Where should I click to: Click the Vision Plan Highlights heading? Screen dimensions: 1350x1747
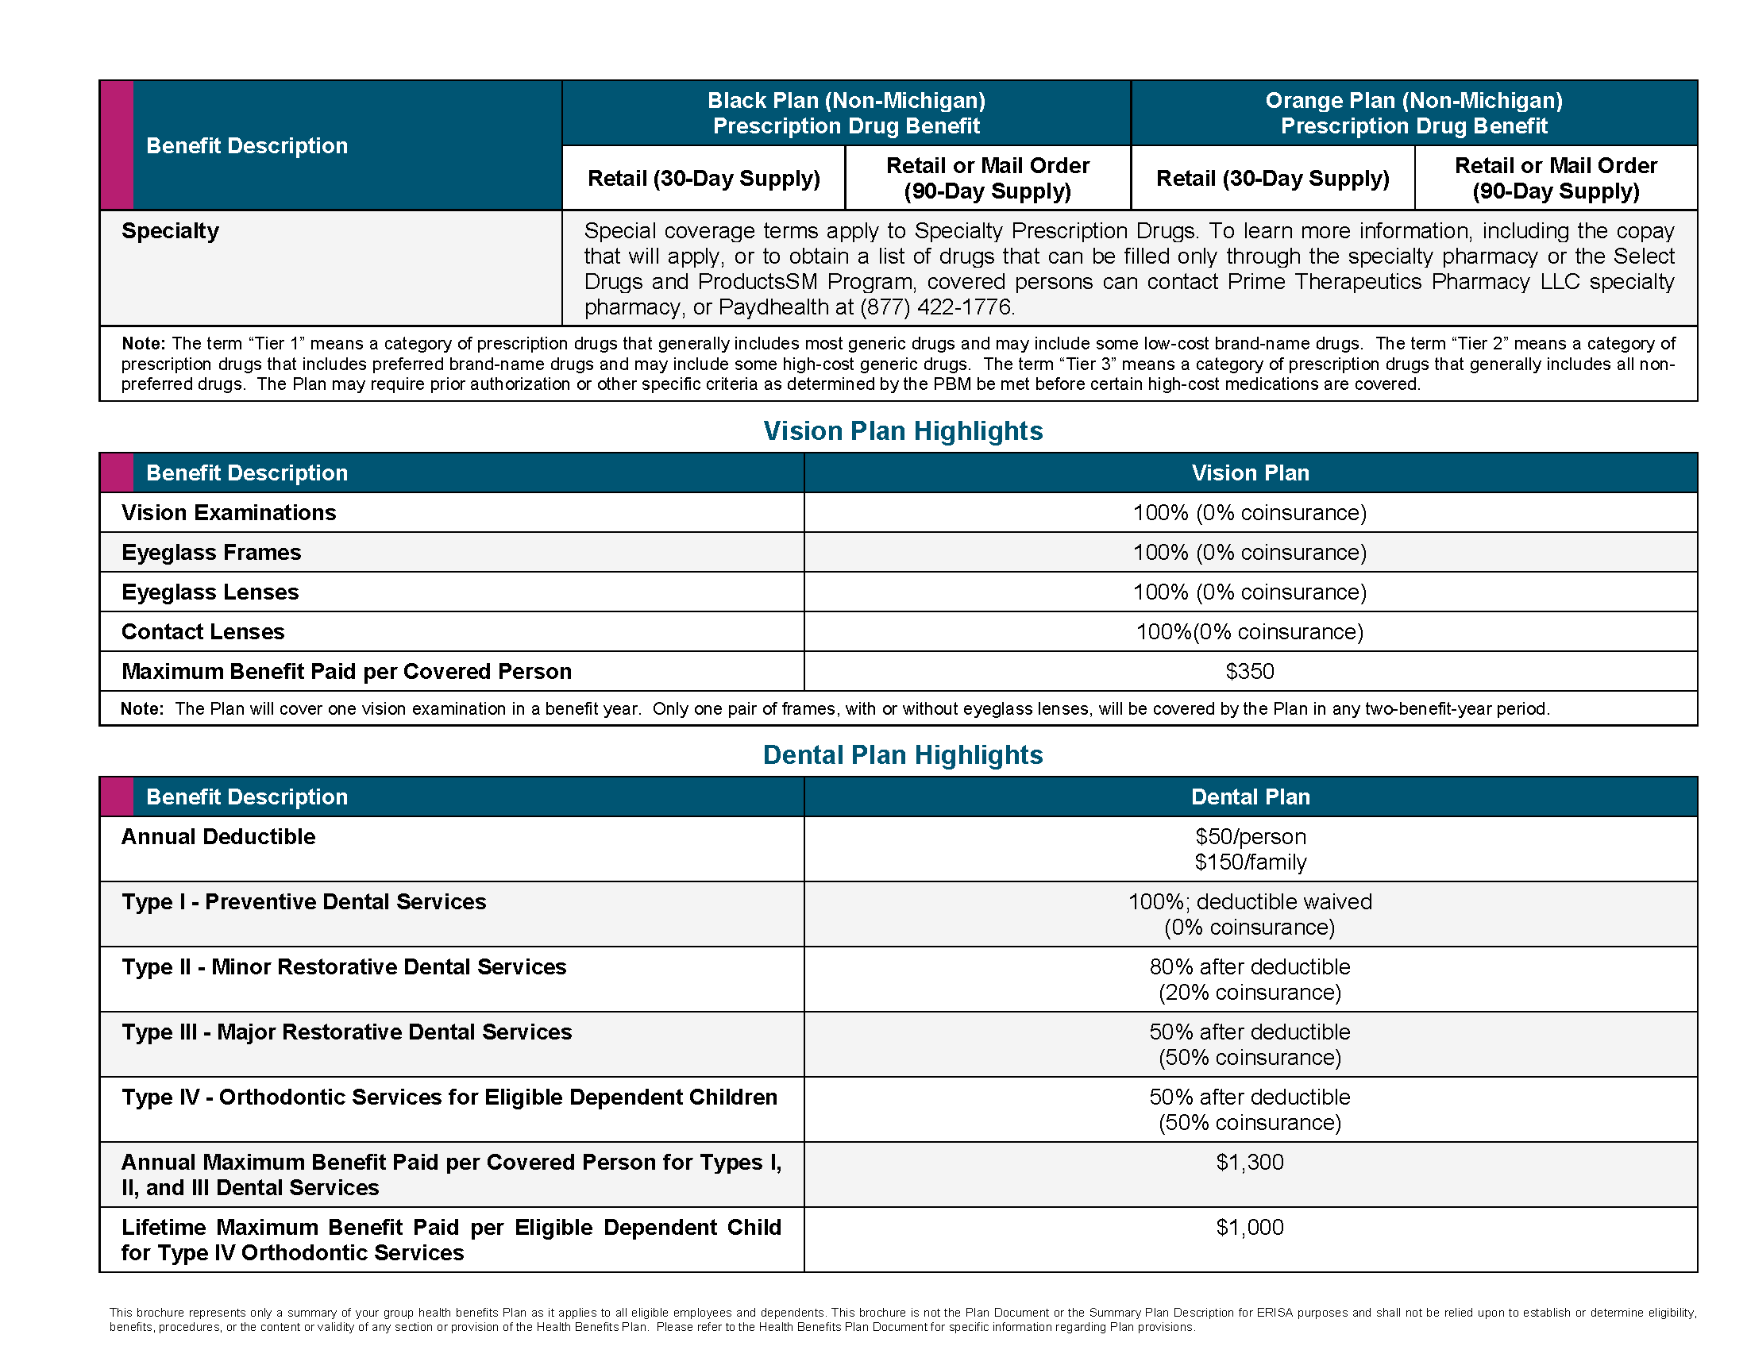pos(902,431)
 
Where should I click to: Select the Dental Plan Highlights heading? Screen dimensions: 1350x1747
pos(902,755)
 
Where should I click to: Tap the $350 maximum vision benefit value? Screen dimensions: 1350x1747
pos(1249,671)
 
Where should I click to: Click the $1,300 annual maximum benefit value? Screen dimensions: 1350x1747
pos(1249,1162)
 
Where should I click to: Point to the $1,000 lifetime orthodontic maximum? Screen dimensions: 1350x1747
pos(1249,1227)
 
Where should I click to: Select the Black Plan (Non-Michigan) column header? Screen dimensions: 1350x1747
pos(847,113)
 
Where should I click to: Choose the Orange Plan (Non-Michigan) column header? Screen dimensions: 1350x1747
pos(1413,113)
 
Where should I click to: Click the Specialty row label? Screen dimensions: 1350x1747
pos(171,231)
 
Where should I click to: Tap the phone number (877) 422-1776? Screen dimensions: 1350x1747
pos(937,307)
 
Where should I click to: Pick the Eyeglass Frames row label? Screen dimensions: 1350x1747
pos(211,553)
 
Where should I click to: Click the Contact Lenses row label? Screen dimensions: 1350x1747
pos(203,632)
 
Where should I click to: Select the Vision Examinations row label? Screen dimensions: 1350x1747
pos(229,513)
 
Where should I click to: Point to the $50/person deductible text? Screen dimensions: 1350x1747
pos(1250,836)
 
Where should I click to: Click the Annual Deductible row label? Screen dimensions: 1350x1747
pos(218,836)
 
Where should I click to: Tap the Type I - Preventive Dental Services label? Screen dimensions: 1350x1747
pos(304,902)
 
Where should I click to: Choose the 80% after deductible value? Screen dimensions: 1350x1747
pos(1249,967)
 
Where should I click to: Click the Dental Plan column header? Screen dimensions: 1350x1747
pos(1250,796)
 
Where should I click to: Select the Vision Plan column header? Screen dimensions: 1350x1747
pos(1250,472)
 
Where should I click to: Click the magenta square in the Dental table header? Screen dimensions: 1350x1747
pos(117,796)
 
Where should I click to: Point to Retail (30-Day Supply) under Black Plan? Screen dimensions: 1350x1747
pos(704,179)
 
